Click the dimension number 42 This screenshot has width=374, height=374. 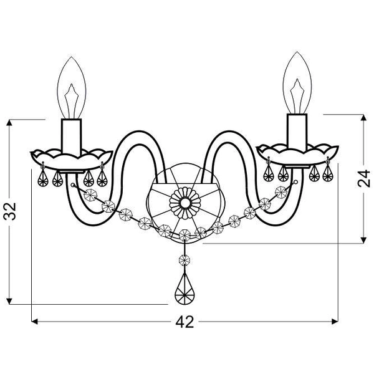(x=185, y=322)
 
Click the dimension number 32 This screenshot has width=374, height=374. (x=10, y=211)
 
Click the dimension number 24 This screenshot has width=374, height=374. (x=364, y=178)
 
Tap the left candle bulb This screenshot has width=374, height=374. (x=71, y=88)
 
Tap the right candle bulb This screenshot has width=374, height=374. (x=297, y=83)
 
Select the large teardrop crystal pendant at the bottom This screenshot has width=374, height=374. (x=185, y=289)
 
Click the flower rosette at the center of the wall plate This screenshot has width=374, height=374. (x=185, y=203)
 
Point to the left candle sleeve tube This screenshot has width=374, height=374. (x=71, y=137)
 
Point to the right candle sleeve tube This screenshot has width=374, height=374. (x=297, y=133)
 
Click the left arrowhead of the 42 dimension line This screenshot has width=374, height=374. (x=34, y=322)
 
